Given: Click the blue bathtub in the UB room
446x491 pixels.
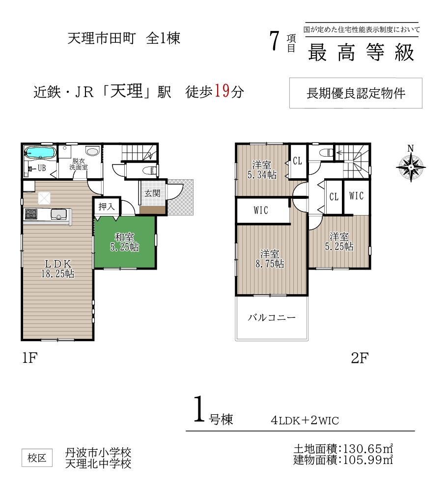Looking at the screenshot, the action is click(40, 153).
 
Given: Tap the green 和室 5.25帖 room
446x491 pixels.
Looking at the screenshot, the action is click(125, 242).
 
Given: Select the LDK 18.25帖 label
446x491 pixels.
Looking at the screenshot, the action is click(57, 269).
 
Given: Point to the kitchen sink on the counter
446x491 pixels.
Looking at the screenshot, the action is click(58, 215).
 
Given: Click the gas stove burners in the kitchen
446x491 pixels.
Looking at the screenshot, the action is click(31, 214).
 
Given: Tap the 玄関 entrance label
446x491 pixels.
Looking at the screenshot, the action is click(153, 193).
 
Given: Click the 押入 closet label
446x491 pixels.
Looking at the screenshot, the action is click(107, 206).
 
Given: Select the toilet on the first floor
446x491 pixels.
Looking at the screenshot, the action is click(150, 171).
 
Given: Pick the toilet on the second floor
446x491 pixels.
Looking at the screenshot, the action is click(326, 153).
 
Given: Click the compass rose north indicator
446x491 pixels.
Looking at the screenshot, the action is click(411, 164).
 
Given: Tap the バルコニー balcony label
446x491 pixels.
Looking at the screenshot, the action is click(272, 318).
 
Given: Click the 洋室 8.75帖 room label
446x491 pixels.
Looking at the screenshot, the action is click(270, 259).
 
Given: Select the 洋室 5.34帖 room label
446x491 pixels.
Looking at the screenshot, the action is click(262, 170).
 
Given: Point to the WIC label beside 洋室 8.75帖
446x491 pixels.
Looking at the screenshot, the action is click(261, 210).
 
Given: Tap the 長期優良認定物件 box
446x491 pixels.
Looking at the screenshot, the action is click(356, 93).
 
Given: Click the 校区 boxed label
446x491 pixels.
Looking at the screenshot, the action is click(37, 458).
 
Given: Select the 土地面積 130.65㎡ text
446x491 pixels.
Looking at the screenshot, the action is click(343, 449).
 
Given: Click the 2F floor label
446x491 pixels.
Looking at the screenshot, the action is click(360, 358).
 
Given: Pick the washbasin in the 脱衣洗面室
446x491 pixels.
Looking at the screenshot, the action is click(92, 152).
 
